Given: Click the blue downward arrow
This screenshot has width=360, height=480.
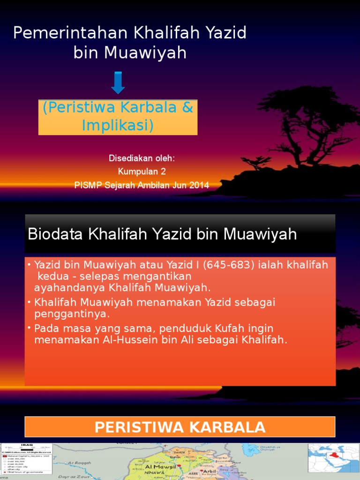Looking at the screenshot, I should pyautogui.click(x=118, y=83).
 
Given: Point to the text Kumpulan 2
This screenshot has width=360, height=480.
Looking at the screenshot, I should pyautogui.click(x=142, y=172).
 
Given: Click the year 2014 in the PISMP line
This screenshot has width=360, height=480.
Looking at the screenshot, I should pyautogui.click(x=199, y=185).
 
